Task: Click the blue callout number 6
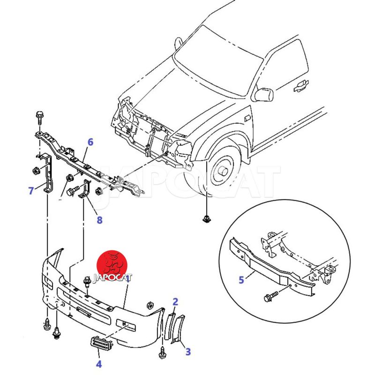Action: point(90,142)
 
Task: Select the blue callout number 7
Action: point(31,190)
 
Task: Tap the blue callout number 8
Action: point(99,219)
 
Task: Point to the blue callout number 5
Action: point(241,280)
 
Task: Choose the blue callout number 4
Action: point(99,363)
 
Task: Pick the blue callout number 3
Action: point(187,351)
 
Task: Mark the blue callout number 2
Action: point(175,301)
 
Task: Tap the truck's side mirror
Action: point(263,94)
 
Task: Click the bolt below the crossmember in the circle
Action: point(271,297)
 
